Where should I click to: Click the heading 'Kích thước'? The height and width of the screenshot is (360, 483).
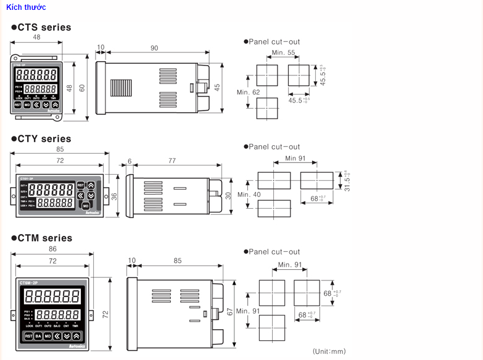tap(26, 7)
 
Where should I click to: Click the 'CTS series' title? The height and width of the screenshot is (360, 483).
tap(41, 27)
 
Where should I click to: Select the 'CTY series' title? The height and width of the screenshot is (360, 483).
tap(41, 139)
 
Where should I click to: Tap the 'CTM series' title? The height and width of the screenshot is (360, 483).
tap(41, 238)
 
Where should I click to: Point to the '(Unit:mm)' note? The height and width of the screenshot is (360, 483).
tap(329, 351)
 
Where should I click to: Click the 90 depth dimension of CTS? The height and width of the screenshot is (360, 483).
tap(154, 48)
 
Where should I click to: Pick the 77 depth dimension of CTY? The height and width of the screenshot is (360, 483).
tap(171, 161)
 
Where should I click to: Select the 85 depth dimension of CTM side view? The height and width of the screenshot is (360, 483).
tap(178, 261)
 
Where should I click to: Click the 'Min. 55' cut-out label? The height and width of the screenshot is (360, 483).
tap(283, 52)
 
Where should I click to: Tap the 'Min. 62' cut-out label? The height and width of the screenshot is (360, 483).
tap(249, 92)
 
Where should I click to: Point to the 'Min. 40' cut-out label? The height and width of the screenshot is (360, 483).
tap(249, 195)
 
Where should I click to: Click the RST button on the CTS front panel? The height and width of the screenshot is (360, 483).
tap(18, 105)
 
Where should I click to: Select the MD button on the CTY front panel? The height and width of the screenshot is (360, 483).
tap(85, 204)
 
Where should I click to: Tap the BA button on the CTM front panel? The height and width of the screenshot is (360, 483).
tap(38, 336)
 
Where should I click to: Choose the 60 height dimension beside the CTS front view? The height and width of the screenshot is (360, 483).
tap(82, 88)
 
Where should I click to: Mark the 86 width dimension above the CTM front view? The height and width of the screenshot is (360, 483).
tap(52, 248)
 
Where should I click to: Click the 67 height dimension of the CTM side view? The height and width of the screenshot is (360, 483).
tap(229, 311)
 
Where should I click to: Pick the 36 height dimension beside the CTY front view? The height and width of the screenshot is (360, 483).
tap(114, 196)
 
